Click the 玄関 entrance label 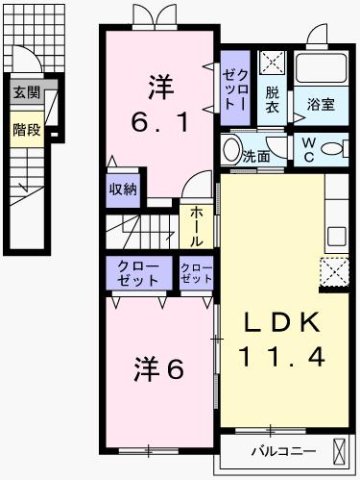[27, 93]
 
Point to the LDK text [283, 323]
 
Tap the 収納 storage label [123, 188]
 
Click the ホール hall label [194, 227]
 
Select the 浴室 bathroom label [320, 102]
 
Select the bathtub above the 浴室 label [320, 70]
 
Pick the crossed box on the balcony [342, 450]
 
